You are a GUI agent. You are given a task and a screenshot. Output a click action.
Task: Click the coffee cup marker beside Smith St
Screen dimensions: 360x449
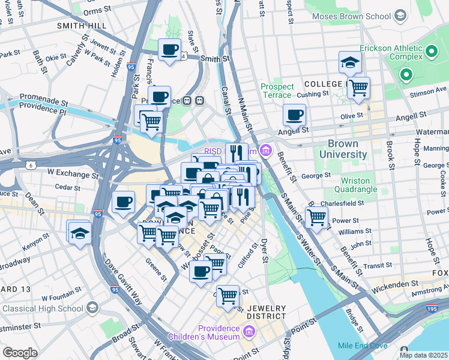click(169, 50)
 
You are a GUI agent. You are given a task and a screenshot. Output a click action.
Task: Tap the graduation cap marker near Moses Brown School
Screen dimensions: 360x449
click(349, 62)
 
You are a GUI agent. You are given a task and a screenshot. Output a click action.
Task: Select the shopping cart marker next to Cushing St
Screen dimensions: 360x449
click(358, 88)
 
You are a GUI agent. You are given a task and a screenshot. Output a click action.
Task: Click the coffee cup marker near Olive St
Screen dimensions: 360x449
click(294, 115)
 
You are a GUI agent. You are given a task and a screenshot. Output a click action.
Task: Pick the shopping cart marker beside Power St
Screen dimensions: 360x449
click(316, 217)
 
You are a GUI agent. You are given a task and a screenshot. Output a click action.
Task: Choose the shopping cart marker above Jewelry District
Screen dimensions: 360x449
click(228, 296)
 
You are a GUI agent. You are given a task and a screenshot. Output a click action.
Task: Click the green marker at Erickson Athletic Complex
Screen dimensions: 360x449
click(406, 76)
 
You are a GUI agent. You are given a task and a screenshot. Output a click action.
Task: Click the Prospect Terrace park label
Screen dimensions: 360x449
click(277, 91)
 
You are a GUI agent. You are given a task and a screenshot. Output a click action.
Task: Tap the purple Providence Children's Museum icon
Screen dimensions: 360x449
click(249, 331)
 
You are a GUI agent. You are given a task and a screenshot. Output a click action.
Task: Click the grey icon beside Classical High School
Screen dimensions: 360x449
click(92, 308)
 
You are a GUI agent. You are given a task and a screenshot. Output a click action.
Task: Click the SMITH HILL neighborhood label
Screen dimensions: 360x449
click(82, 26)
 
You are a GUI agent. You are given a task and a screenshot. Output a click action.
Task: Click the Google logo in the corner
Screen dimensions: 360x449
click(20, 352)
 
